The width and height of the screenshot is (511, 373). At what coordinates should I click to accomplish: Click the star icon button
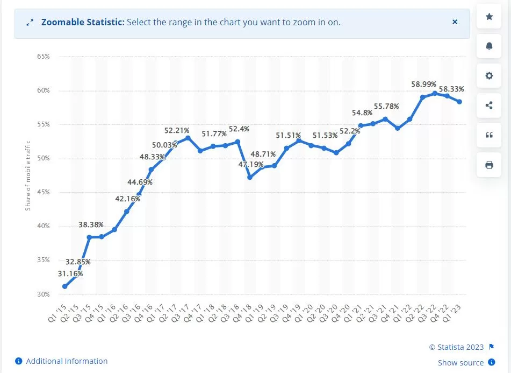coord(489,17)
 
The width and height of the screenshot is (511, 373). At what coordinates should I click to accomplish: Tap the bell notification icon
coord(489,46)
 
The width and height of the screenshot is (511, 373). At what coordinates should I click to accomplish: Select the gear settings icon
coord(489,76)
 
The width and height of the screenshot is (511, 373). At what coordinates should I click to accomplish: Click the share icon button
coord(489,105)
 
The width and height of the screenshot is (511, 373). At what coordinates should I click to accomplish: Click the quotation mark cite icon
coord(489,135)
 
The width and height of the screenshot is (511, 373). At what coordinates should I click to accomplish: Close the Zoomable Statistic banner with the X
coord(455,22)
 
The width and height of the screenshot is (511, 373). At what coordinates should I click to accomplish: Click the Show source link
coord(460,363)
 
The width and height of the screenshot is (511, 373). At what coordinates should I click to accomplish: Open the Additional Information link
coord(67,361)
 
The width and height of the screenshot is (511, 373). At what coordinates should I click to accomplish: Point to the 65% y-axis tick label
coord(44,57)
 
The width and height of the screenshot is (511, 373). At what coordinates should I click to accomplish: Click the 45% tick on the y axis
coord(44,192)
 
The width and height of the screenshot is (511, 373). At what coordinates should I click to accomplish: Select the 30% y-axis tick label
coord(44,294)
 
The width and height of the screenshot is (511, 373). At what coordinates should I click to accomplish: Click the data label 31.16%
coord(70,274)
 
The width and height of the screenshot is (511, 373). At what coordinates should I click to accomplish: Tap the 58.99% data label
coord(424,85)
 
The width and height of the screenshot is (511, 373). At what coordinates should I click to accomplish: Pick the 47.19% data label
coord(250,164)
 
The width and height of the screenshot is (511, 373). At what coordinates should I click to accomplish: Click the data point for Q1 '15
coord(64,286)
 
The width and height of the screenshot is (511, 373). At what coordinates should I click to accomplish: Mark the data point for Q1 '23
coord(459,102)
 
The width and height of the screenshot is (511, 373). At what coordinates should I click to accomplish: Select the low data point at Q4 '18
coord(250,177)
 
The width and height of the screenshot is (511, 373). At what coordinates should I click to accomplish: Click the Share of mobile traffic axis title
coord(28,175)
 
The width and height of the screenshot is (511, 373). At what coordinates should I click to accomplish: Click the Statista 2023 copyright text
coord(456,347)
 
